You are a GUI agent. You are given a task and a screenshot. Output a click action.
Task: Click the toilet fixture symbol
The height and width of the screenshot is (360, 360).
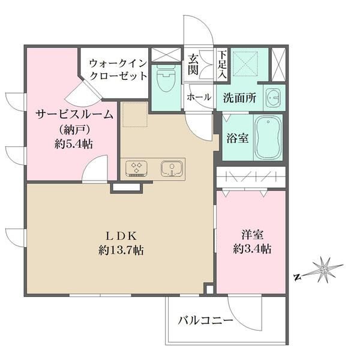pyautogui.click(x=164, y=82)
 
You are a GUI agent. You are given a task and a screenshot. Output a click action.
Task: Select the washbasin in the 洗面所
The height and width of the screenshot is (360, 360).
pyautogui.click(x=274, y=97)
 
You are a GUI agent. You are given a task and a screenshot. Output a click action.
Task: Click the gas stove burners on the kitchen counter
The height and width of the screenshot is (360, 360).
pyautogui.click(x=137, y=168)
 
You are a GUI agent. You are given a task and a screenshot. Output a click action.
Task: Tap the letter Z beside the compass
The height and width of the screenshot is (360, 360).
pyautogui.click(x=297, y=277)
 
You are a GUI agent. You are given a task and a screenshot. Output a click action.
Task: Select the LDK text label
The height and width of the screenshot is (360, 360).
pyautogui.click(x=124, y=235)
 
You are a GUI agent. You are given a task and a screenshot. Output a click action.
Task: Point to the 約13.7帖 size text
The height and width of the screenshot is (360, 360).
pyautogui.click(x=124, y=250)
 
